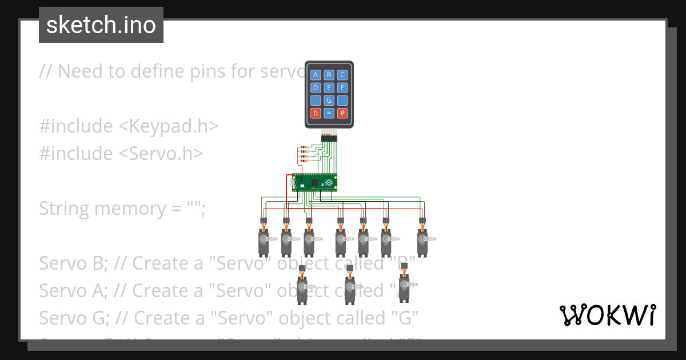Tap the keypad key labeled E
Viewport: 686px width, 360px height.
(329, 87)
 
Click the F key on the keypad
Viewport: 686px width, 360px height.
(342, 87)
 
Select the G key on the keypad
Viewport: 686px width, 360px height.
(329, 101)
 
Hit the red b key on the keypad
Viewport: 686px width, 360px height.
(316, 113)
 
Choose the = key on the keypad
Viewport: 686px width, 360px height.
(329, 113)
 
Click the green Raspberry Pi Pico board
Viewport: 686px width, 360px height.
(314, 182)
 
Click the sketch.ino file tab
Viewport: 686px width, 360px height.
(101, 25)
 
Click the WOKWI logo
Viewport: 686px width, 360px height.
(608, 315)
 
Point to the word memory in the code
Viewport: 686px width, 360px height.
(130, 209)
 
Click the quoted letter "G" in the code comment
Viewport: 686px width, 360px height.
(405, 318)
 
